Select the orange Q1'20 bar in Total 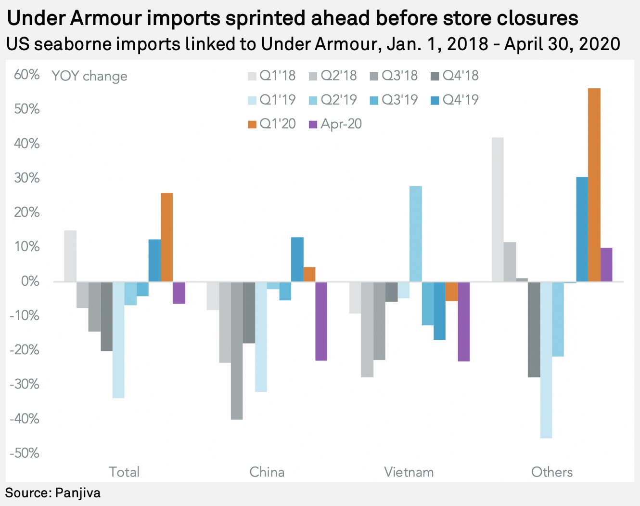tap(167, 237)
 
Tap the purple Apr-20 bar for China tap(321, 321)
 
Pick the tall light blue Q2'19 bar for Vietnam tap(416, 234)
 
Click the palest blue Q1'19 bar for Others tap(546, 360)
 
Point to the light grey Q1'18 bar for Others tap(498, 209)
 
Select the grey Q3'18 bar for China tap(237, 350)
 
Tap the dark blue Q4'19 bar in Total tap(154, 260)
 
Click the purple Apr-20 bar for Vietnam tap(464, 321)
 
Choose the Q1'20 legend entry tap(272, 124)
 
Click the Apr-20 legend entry tap(335, 124)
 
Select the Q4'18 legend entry tap(455, 76)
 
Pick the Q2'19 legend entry tap(333, 100)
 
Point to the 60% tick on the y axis tap(27, 75)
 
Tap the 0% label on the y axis tap(30, 281)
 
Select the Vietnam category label tap(409, 472)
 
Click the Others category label tap(552, 472)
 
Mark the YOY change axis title tap(90, 76)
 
